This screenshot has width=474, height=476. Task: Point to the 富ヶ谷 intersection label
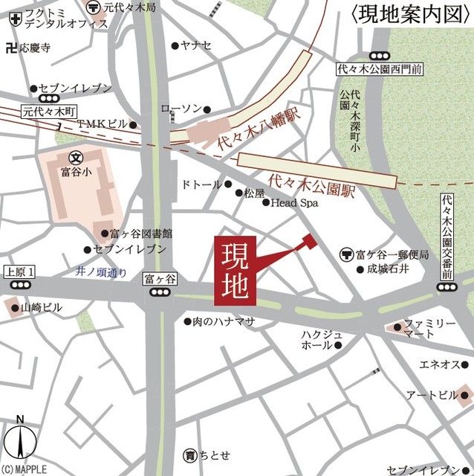(160, 279)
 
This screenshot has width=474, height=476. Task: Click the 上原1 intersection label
(20, 271)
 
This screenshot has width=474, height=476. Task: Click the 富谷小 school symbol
(76, 158)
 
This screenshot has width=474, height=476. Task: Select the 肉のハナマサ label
(224, 321)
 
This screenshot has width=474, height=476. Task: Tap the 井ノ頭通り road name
(102, 271)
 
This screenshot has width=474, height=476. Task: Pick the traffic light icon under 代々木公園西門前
(380, 55)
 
